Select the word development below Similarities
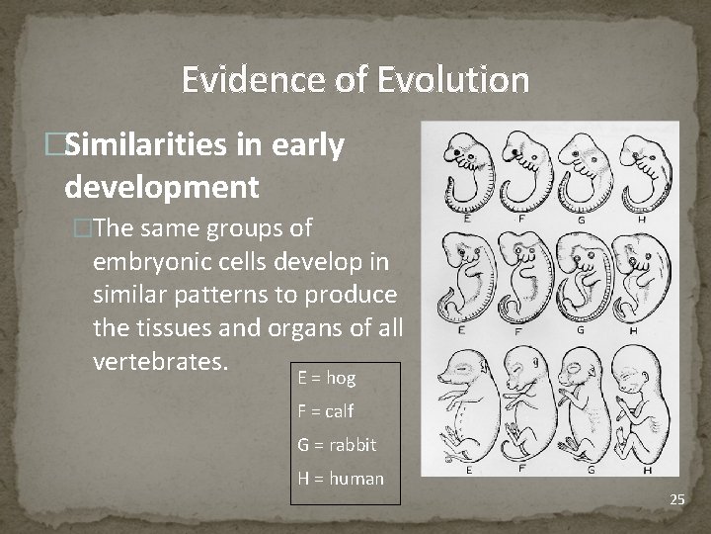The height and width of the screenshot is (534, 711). click(x=161, y=185)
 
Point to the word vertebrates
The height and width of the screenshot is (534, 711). click(x=160, y=361)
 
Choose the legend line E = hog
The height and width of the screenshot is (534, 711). click(x=327, y=378)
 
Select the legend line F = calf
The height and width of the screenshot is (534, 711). click(x=325, y=411)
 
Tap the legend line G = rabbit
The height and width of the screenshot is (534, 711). click(x=337, y=445)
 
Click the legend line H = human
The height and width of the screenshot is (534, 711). click(x=341, y=479)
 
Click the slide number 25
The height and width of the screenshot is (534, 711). click(x=676, y=499)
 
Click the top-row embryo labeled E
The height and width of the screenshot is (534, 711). click(x=460, y=168)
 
